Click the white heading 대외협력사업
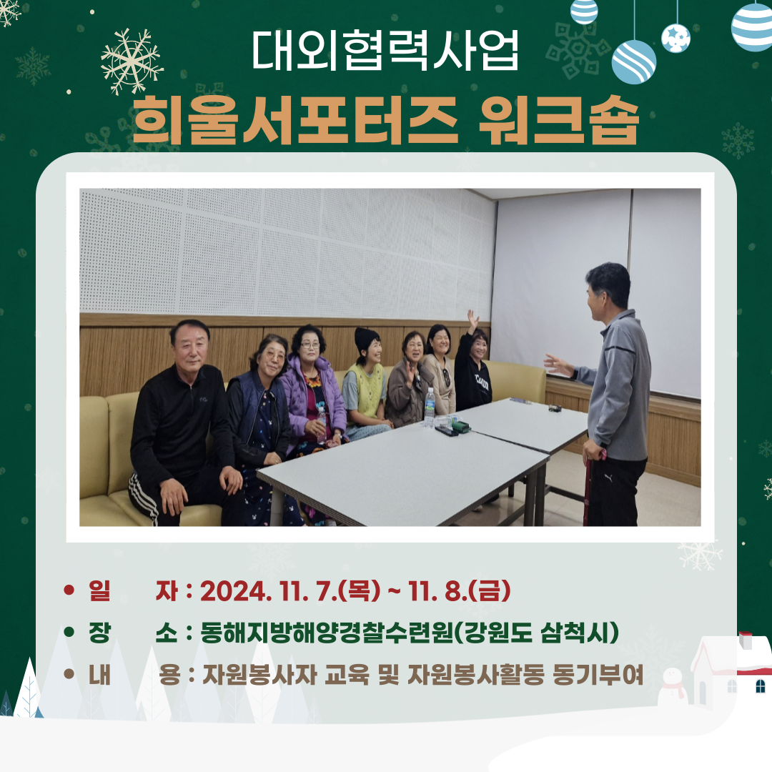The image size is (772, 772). tap(385, 51)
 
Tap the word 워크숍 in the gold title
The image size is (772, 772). tap(559, 119)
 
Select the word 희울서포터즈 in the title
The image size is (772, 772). tap(295, 119)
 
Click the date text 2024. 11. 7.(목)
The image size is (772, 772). tap(290, 590)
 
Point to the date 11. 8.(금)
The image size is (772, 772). tap(459, 590)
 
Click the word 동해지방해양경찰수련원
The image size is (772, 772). tap(327, 633)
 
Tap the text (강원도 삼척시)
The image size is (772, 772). tap(535, 633)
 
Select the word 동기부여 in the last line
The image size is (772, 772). tap(598, 675)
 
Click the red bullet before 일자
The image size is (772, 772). tap(69, 590)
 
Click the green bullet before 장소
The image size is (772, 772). tap(69, 632)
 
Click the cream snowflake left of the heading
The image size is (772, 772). tap(132, 61)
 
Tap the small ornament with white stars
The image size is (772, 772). tap(675, 38)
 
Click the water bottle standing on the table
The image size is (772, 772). tap(430, 407)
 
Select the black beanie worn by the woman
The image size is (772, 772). tap(366, 338)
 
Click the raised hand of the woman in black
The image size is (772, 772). tap(472, 320)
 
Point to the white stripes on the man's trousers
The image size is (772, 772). tap(144, 498)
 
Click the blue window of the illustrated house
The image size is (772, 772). tap(760, 686)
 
